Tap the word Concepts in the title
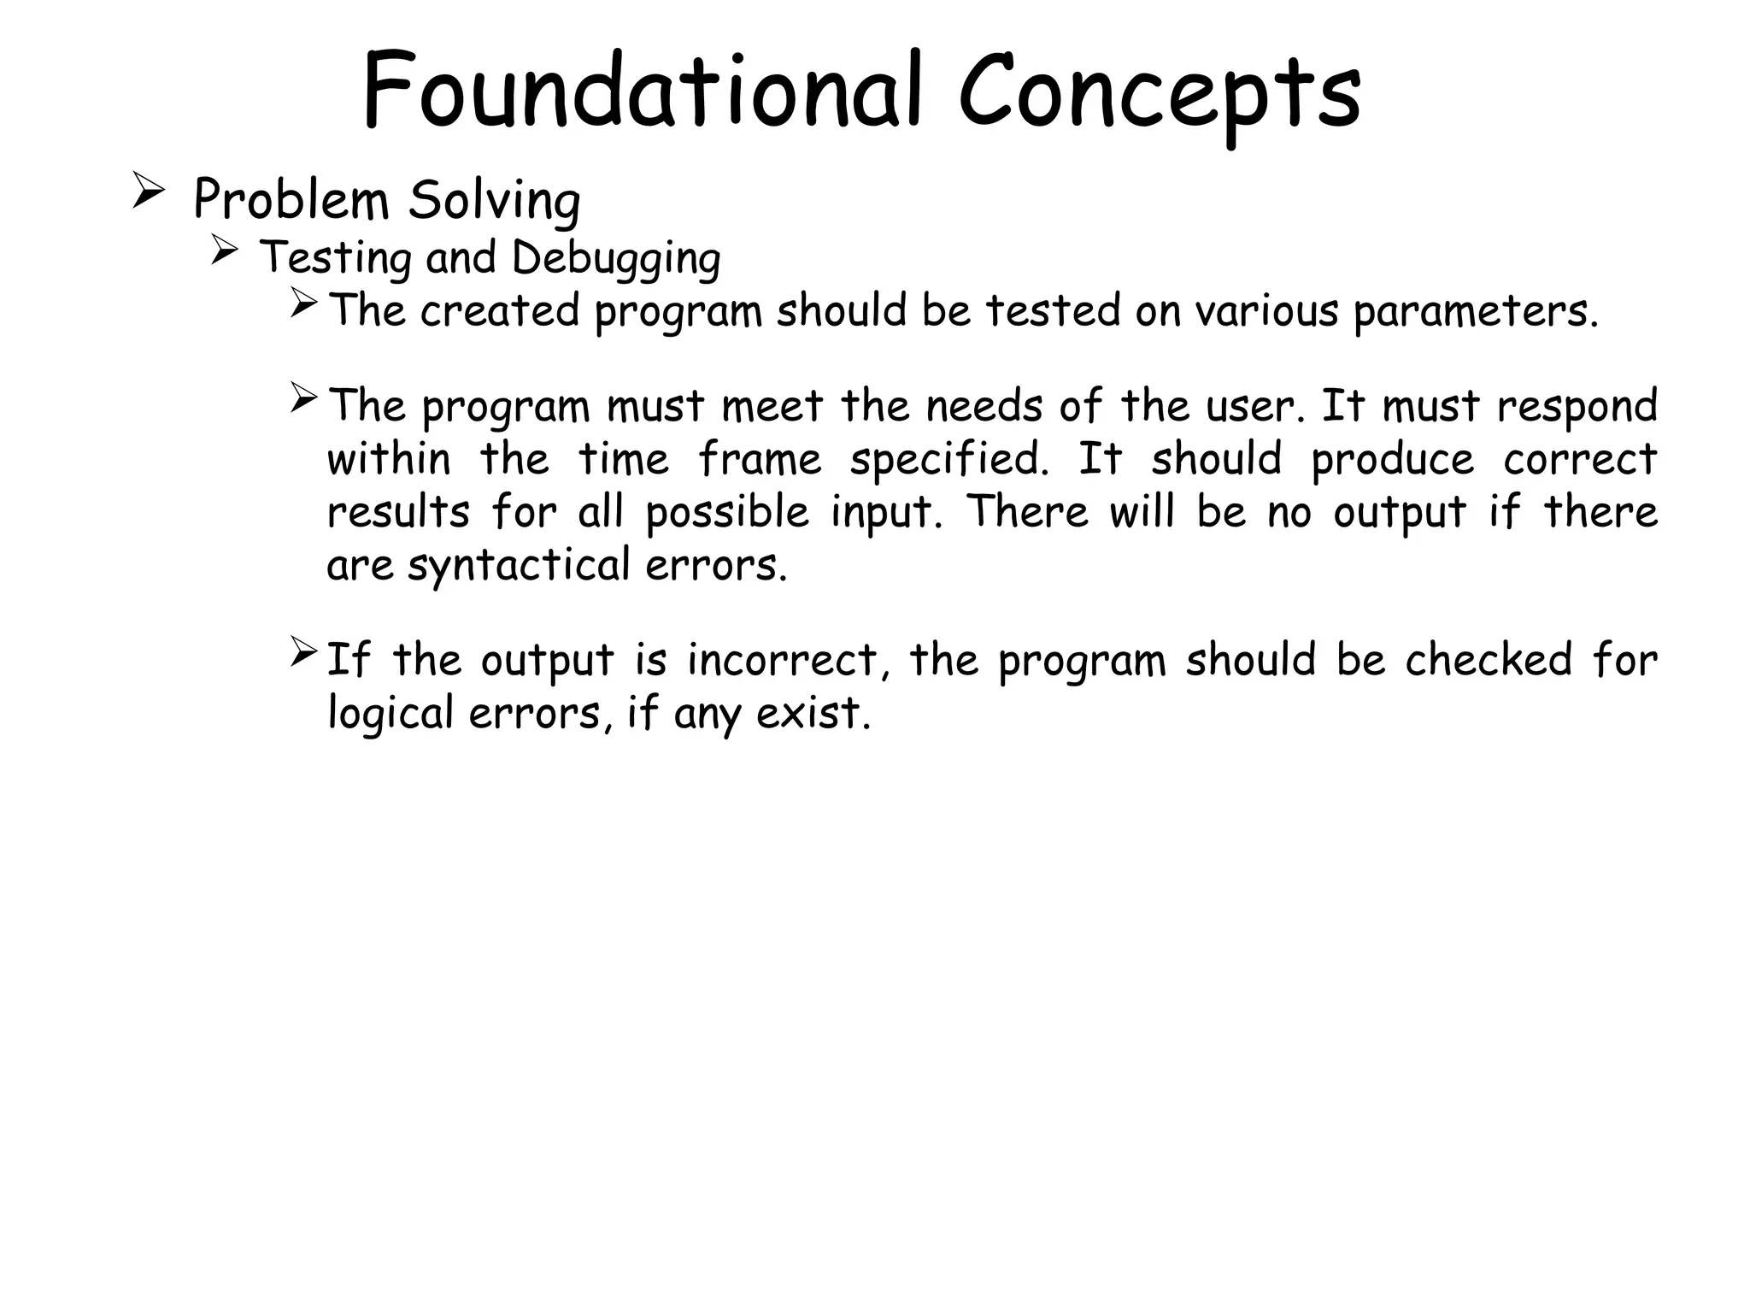click(1160, 92)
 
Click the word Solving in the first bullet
click(494, 202)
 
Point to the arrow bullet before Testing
click(224, 251)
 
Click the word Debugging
click(616, 258)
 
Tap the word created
click(500, 310)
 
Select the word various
click(1266, 310)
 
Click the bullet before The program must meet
click(303, 398)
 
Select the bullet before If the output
click(303, 652)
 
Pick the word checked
click(1488, 661)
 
